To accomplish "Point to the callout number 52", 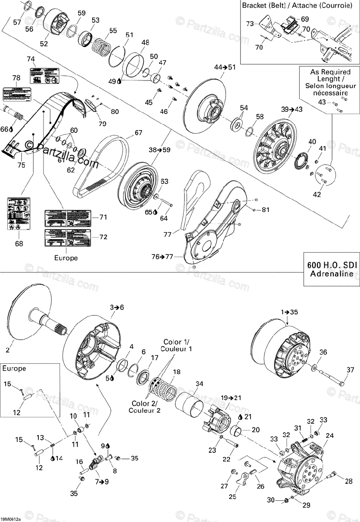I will pyautogui.click(x=44, y=43).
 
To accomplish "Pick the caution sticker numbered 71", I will pyautogui.click(x=67, y=216).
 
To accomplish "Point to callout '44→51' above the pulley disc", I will pyautogui.click(x=224, y=67).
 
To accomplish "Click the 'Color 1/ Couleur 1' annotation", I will pyautogui.click(x=177, y=345).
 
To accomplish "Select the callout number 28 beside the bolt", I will pyautogui.click(x=349, y=481).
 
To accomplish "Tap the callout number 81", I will pyautogui.click(x=266, y=210).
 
